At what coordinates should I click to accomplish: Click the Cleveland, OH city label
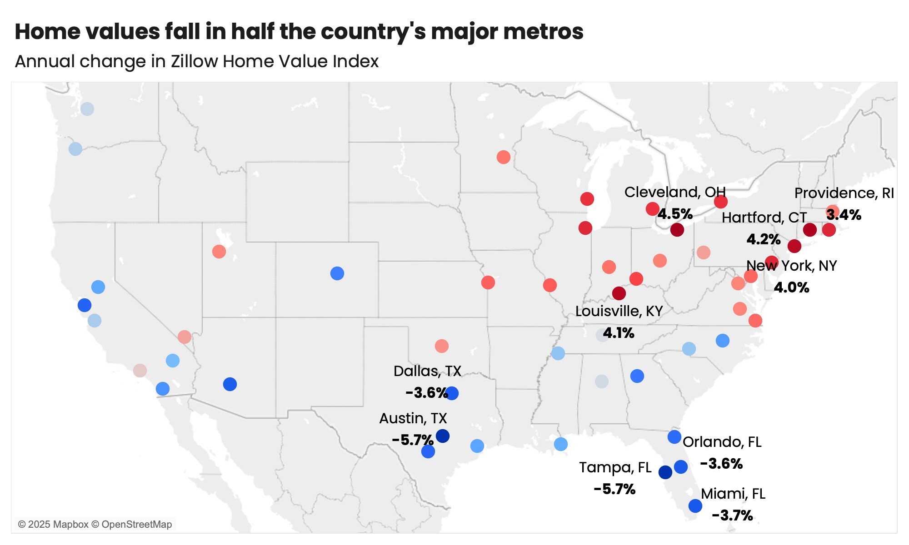pos(675,192)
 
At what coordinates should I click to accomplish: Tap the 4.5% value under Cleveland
pos(675,214)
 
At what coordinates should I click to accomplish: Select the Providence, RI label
pos(844,193)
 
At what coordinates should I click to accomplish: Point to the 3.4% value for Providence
pos(844,215)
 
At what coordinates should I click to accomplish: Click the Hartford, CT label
pos(764,218)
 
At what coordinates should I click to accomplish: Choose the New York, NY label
pos(791,266)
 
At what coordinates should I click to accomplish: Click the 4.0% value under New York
pos(791,287)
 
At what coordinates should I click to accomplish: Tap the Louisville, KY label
pos(619,311)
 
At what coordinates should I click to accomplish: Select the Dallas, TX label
pos(427,371)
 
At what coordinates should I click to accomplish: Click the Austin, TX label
pos(413,418)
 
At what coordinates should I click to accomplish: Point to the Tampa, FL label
pos(615,467)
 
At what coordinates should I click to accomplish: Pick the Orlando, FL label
pos(722,442)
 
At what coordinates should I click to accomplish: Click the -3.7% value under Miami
pos(732,515)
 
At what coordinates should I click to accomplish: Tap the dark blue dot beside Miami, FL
pos(695,505)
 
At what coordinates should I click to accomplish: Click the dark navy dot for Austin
pos(443,436)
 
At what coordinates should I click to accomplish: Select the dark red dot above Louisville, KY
pos(619,293)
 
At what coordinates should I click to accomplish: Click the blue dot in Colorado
pos(337,273)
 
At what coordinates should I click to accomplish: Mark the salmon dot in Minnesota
pos(503,157)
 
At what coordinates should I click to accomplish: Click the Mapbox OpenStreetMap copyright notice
pos(95,525)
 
